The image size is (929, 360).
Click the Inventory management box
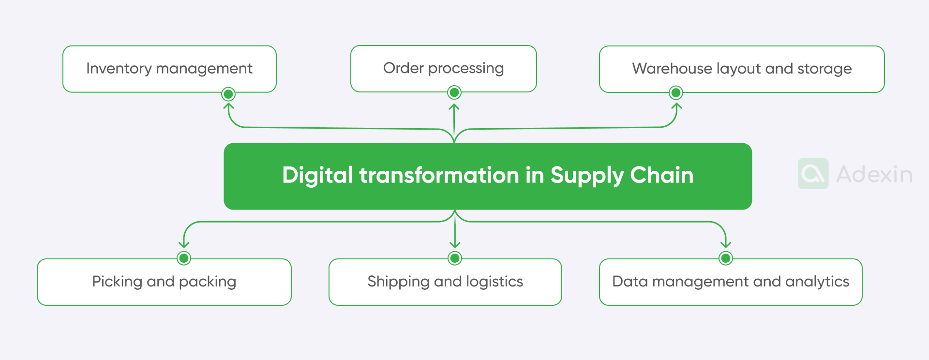[x=169, y=69]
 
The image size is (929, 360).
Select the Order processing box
[x=443, y=68]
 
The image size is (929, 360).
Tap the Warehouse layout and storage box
[x=741, y=69]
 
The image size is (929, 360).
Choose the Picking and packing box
[x=164, y=282]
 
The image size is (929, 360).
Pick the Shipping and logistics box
[x=445, y=282]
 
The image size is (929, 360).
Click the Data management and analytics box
[x=731, y=282]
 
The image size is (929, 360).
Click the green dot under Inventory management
[x=228, y=93]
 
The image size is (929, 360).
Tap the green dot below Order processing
[x=454, y=92]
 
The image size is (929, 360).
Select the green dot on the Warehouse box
[x=676, y=92]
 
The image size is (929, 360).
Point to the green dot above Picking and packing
[x=184, y=258]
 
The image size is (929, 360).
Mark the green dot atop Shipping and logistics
[x=455, y=258]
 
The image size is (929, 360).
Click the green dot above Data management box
[x=725, y=258]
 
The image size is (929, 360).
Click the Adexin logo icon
[x=813, y=174]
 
